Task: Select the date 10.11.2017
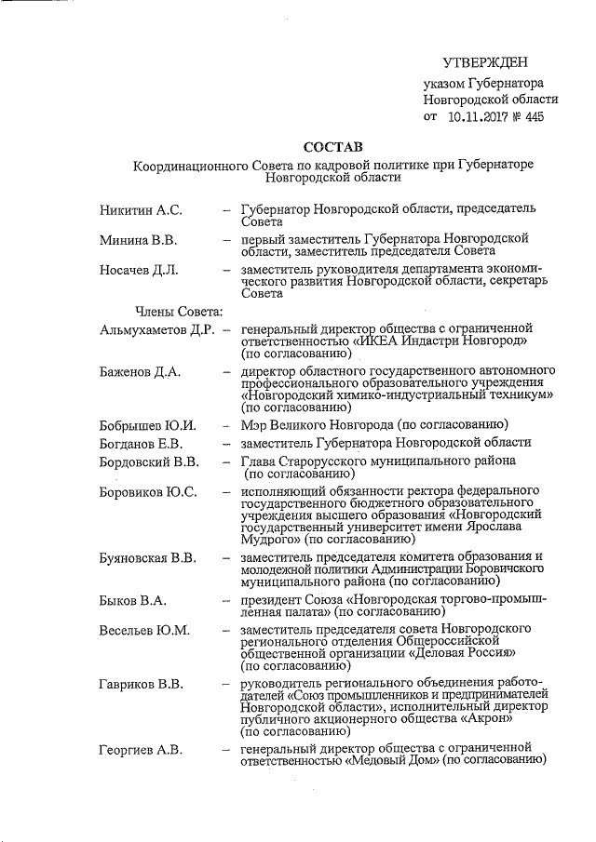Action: (x=480, y=116)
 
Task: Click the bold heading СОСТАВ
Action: (x=332, y=147)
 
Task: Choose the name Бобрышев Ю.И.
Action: (x=146, y=425)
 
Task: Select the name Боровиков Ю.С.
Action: (x=148, y=491)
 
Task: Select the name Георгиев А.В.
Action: (x=141, y=749)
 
